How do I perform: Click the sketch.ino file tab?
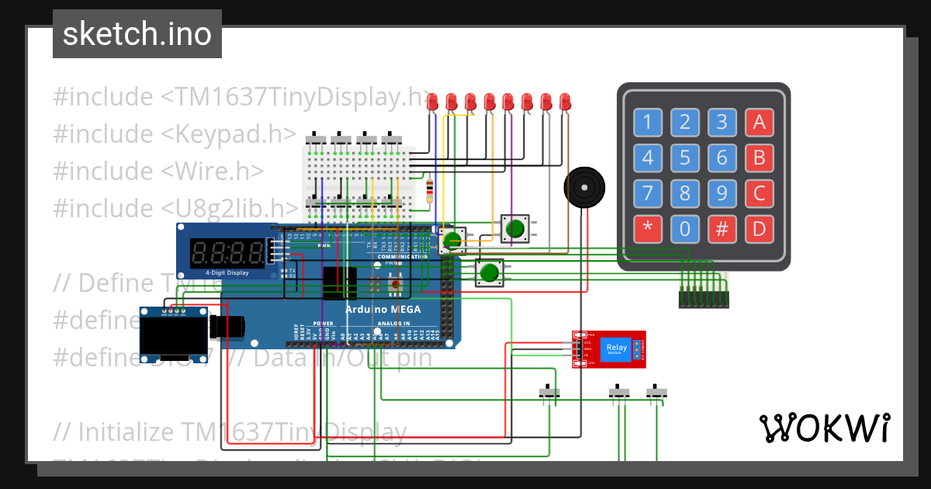tap(137, 34)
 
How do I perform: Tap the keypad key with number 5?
tap(684, 159)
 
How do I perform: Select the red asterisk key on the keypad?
tap(647, 230)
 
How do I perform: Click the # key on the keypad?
tap(722, 230)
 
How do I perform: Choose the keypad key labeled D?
tap(759, 230)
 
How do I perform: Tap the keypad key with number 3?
tap(722, 122)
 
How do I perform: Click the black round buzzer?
tap(582, 188)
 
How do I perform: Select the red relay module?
tap(609, 349)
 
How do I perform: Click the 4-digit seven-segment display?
tap(227, 251)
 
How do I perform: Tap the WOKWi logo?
tap(824, 428)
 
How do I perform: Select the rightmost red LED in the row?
tap(565, 102)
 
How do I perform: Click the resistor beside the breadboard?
tap(430, 189)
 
